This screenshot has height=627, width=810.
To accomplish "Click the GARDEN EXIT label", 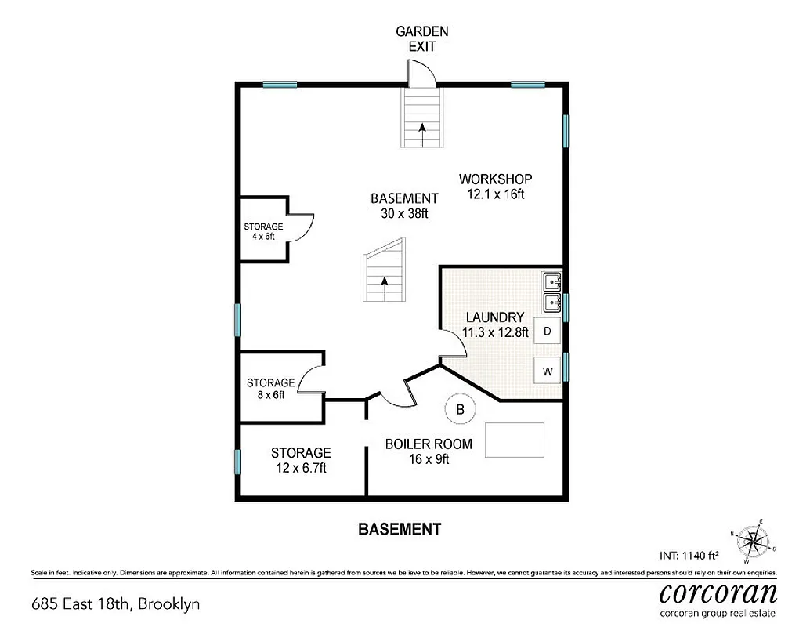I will [x=421, y=38].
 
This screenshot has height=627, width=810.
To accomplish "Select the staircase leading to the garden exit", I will [x=422, y=118].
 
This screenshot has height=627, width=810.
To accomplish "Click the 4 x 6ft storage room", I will [x=263, y=231].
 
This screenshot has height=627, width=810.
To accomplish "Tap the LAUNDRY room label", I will [x=494, y=317].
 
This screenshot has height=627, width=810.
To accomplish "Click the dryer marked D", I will [x=548, y=332].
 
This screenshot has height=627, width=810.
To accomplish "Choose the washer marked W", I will [x=548, y=371].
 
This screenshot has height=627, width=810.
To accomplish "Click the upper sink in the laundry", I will [x=551, y=280].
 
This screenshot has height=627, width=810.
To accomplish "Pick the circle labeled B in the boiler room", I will [x=461, y=408].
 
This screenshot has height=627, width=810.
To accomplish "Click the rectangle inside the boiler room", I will [x=515, y=440].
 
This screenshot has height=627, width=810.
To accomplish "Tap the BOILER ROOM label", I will [x=429, y=444].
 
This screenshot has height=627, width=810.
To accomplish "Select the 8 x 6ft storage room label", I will [x=270, y=383].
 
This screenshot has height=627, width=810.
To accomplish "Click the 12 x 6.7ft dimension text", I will [x=300, y=469].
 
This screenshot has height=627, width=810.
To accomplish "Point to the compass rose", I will [x=754, y=541].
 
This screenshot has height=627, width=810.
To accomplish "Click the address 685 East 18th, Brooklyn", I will [x=115, y=603].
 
